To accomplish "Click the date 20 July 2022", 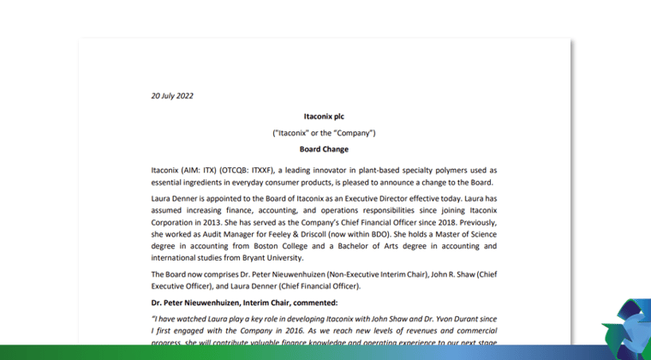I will click(x=172, y=95).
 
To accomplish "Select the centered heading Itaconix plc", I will click(x=324, y=115).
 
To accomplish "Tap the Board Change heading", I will click(x=324, y=148).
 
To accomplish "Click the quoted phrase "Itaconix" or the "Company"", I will click(x=324, y=133).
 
